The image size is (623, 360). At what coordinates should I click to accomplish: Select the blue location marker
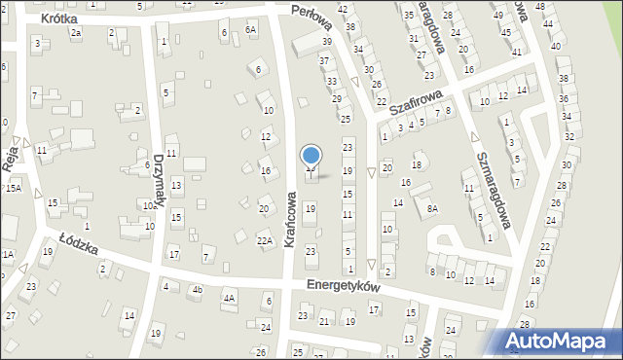(x=311, y=156)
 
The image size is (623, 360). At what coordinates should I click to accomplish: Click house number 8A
(x=432, y=208)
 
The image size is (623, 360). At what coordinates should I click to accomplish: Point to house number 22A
(x=264, y=240)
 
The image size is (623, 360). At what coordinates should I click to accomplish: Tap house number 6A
(x=250, y=30)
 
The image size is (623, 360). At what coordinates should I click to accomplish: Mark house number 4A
(x=229, y=299)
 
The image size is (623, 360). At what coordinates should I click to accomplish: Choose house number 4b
(x=197, y=289)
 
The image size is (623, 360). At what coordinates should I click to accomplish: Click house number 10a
(x=149, y=206)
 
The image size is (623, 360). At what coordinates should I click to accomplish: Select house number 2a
(x=76, y=33)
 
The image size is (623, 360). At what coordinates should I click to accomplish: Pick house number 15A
(x=13, y=188)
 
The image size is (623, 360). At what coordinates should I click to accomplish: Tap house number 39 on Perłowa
(x=328, y=42)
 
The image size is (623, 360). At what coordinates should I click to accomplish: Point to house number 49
(x=497, y=16)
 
